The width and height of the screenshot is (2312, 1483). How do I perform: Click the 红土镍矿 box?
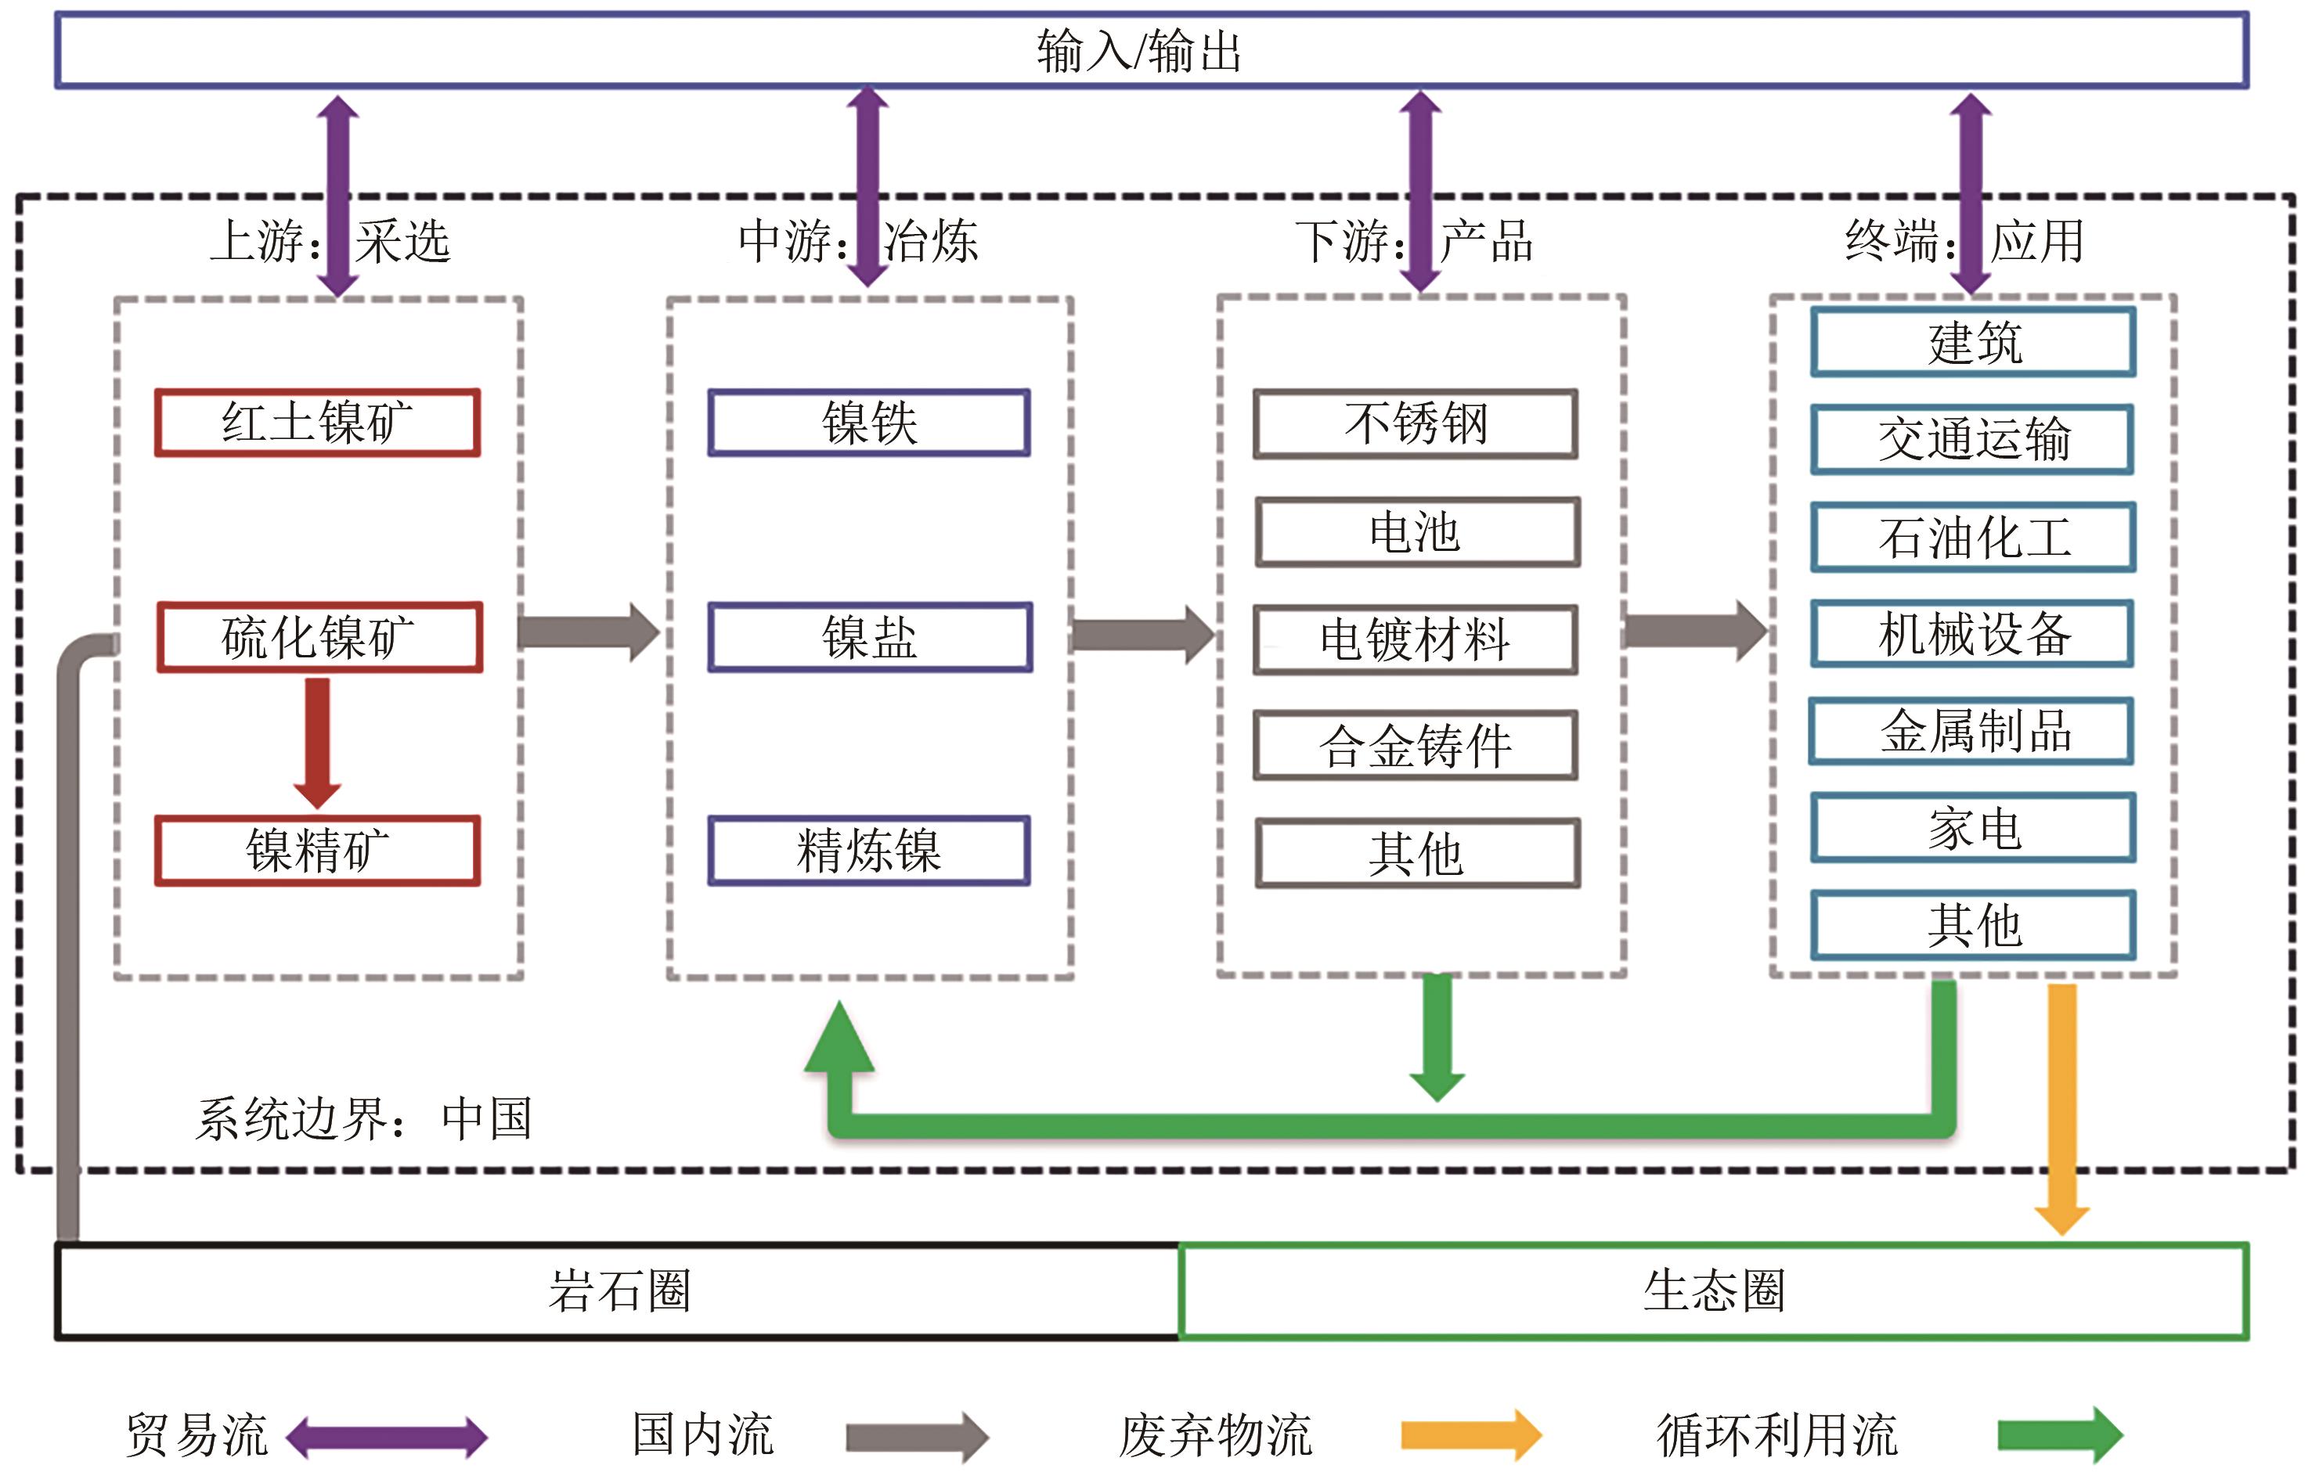click(x=318, y=423)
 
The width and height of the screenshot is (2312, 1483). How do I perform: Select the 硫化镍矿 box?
click(x=319, y=638)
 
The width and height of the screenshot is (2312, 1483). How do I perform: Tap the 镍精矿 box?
click(x=318, y=851)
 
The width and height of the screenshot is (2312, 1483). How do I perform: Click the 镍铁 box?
click(x=869, y=423)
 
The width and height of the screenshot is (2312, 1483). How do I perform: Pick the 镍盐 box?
click(x=870, y=638)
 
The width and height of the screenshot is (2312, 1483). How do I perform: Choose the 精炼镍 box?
click(x=869, y=851)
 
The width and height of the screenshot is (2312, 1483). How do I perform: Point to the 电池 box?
click(x=1417, y=531)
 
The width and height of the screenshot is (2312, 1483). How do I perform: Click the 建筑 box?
click(x=1973, y=343)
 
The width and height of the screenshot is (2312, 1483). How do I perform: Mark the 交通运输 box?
click(x=1973, y=439)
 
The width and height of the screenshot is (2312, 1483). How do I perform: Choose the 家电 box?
click(x=1973, y=828)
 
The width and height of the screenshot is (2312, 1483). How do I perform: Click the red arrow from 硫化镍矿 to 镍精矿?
click(x=317, y=742)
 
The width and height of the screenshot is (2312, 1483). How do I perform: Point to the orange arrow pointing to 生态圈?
click(x=2061, y=1107)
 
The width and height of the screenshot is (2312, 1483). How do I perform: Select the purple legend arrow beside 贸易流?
click(x=388, y=1438)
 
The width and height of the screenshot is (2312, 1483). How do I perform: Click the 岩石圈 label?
click(x=619, y=1291)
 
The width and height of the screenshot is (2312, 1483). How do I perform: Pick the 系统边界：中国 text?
click(x=364, y=1119)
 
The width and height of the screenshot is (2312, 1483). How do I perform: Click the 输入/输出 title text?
click(x=1140, y=51)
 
